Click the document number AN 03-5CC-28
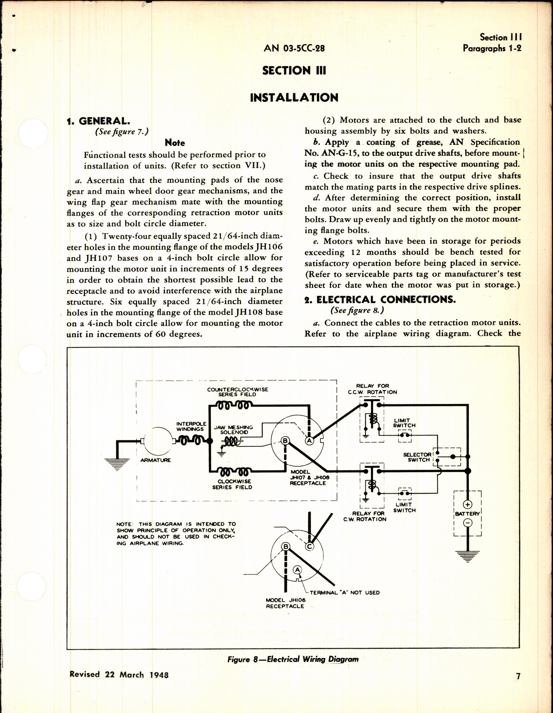click(x=294, y=48)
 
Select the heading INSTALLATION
click(x=294, y=97)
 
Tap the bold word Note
click(x=175, y=143)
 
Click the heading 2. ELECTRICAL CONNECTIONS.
click(x=380, y=300)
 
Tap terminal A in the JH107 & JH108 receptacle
click(x=309, y=441)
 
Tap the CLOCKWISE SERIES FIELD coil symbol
click(x=234, y=472)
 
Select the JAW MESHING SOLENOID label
click(x=233, y=430)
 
